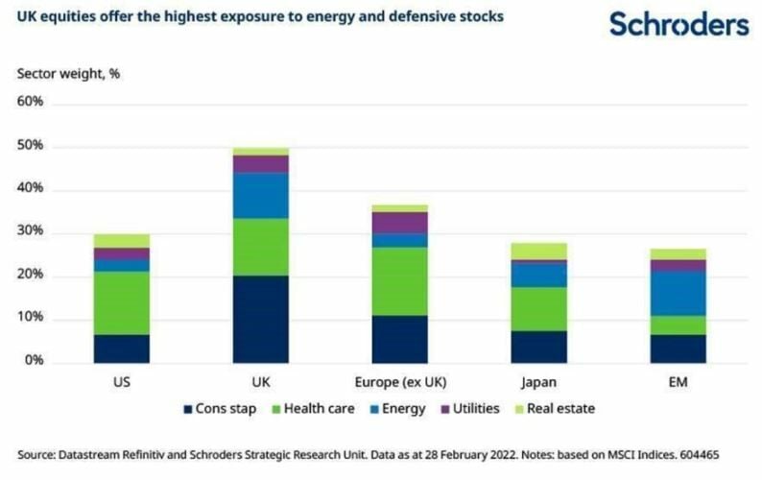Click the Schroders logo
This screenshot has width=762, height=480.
click(679, 24)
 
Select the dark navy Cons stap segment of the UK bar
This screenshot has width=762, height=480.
click(261, 319)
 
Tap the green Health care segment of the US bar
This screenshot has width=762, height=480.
click(122, 302)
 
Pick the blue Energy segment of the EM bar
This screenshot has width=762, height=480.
click(678, 293)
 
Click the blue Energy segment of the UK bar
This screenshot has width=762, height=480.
click(261, 195)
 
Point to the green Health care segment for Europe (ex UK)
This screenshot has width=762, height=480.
click(400, 281)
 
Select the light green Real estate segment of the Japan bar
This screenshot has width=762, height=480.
click(538, 251)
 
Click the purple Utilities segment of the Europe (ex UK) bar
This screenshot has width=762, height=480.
click(400, 222)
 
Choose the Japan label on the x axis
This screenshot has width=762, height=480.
click(538, 381)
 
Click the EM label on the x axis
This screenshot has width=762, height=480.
click(678, 381)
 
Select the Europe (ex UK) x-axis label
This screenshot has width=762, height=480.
click(400, 381)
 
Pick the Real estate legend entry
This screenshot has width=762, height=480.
click(559, 408)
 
